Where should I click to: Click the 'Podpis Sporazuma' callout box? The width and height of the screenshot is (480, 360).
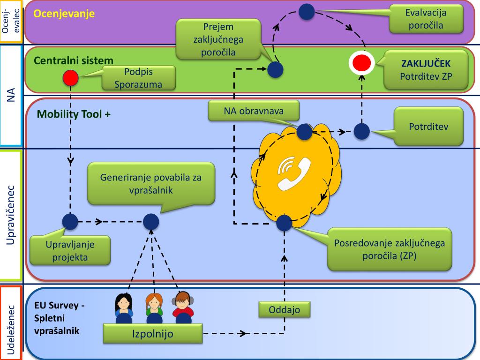tap(138, 78)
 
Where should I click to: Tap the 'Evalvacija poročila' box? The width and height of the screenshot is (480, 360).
tap(426, 19)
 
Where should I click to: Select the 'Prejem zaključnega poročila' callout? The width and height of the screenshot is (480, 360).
tap(218, 39)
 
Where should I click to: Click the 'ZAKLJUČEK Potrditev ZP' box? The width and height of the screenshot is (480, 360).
tap(426, 69)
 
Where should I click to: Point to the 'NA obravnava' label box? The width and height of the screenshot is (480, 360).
tap(254, 111)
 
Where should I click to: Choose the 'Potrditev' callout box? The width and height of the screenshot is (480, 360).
tap(428, 127)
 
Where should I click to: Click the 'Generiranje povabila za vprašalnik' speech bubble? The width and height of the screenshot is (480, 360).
tap(150, 183)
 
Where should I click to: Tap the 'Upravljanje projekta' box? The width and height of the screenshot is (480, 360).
tap(70, 250)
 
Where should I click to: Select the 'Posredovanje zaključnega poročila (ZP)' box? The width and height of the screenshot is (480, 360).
tap(389, 249)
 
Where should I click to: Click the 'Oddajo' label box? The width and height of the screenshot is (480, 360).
tap(284, 310)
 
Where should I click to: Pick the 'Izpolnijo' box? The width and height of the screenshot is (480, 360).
tap(152, 334)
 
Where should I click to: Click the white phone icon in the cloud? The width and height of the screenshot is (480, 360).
tap(294, 173)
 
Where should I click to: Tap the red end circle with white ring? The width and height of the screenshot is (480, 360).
tap(361, 62)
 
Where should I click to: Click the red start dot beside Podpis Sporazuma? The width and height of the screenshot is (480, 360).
tap(70, 77)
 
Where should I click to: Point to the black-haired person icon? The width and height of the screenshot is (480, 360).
tap(124, 305)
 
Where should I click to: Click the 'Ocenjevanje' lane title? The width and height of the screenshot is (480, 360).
tap(64, 13)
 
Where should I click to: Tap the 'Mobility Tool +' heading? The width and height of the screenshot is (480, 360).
tap(74, 113)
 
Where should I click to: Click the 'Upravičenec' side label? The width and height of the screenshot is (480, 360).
tap(12, 215)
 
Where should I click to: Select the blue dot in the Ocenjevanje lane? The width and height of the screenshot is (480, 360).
tap(307, 12)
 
